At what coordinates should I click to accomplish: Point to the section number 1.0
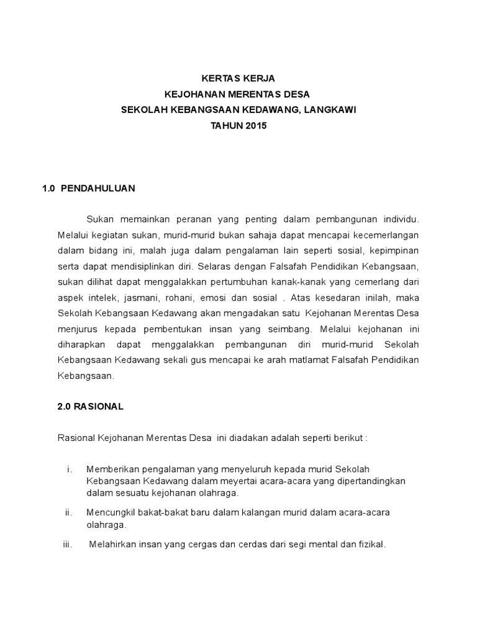pyautogui.click(x=49, y=188)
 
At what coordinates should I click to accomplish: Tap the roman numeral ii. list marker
pyautogui.click(x=69, y=512)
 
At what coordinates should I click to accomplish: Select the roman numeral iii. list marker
pyautogui.click(x=68, y=545)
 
